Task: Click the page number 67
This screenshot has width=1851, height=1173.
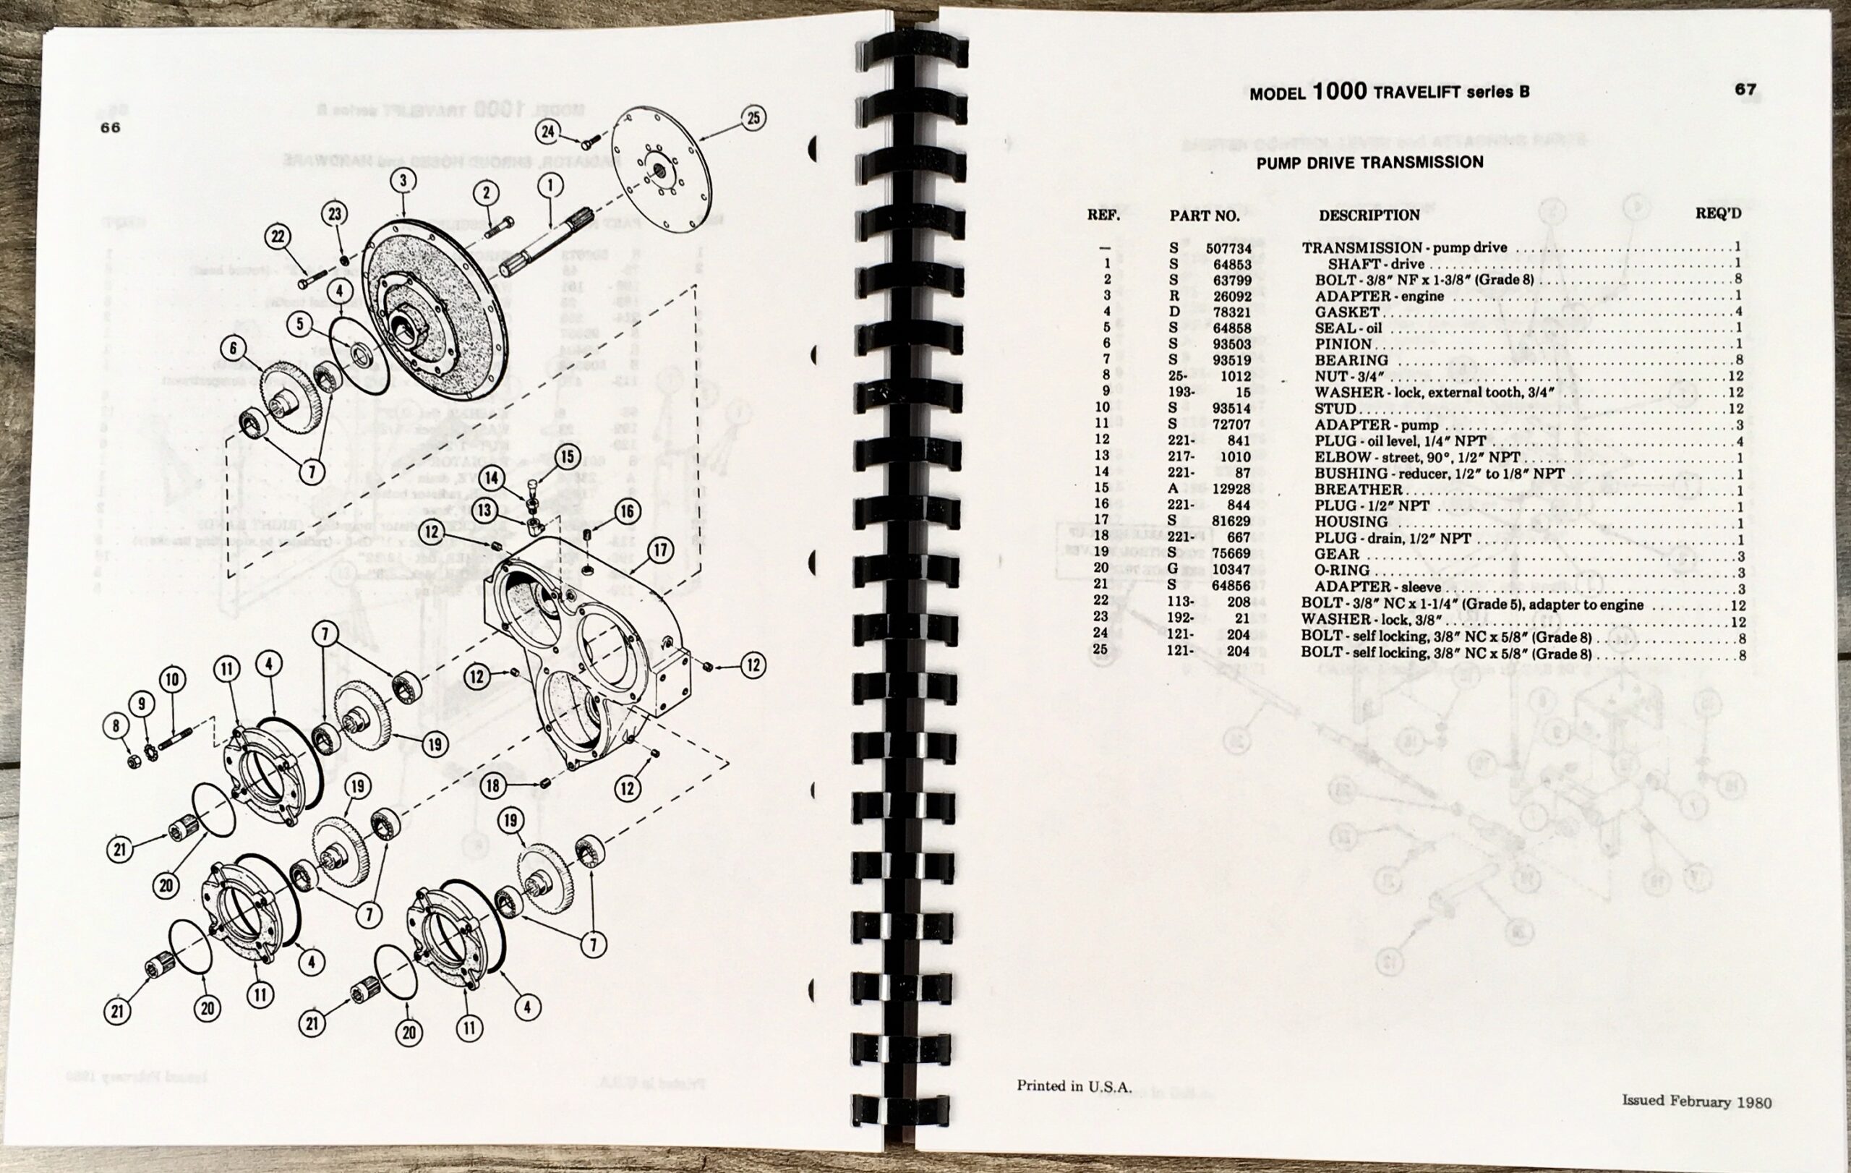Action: [1745, 89]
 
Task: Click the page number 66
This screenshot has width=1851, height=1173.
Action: [111, 127]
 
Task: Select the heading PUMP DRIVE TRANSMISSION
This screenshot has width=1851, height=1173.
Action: [1369, 163]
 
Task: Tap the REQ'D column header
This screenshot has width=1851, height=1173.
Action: [1719, 213]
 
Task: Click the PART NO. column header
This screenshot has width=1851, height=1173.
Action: [1205, 216]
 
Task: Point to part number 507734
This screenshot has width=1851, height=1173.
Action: [1228, 249]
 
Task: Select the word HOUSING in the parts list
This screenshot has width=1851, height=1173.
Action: [1351, 522]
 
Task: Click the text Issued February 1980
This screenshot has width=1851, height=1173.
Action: [1696, 1101]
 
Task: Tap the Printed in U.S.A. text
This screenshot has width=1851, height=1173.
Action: [1074, 1086]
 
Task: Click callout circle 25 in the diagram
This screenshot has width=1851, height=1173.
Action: [753, 119]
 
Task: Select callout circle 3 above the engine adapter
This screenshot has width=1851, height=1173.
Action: [403, 181]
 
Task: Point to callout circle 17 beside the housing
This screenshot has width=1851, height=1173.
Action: [660, 550]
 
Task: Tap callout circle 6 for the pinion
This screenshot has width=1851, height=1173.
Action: [234, 348]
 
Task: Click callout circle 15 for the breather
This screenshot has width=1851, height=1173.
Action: [568, 456]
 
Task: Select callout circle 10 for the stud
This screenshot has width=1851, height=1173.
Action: [172, 679]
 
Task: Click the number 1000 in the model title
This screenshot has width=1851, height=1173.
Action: [1339, 91]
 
